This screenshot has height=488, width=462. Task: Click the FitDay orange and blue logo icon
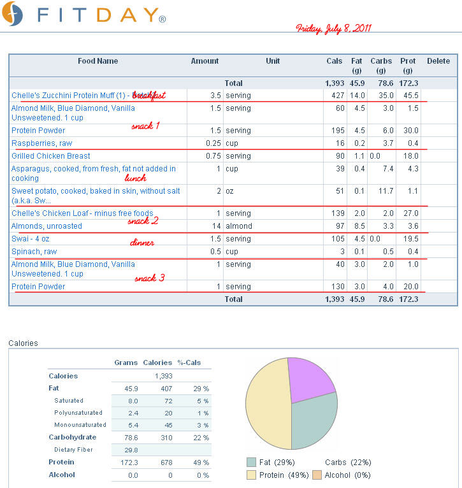[13, 13]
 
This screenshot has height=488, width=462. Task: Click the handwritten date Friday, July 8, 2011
[333, 29]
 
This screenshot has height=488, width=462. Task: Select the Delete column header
[438, 61]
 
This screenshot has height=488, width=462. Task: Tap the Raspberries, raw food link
[41, 143]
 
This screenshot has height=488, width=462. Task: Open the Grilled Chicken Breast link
[51, 156]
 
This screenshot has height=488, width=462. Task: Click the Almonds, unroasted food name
[47, 226]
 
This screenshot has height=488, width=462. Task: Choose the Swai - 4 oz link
[31, 239]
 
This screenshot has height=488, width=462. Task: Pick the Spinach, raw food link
[34, 252]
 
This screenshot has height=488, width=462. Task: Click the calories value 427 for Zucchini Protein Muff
[338, 96]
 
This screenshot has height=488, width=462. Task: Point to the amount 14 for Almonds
[217, 226]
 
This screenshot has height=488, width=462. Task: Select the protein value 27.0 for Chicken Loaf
[411, 213]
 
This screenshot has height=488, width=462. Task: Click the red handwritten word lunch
[136, 178]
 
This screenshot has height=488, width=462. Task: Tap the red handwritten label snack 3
[150, 278]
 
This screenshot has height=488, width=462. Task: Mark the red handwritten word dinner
[142, 243]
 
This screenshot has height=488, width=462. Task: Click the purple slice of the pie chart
[308, 378]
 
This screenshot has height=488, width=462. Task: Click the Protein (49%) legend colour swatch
[251, 475]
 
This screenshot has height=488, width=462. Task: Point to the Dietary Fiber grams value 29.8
[131, 450]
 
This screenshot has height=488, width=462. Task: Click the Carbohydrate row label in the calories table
[73, 437]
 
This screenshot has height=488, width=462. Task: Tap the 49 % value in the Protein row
[201, 463]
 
